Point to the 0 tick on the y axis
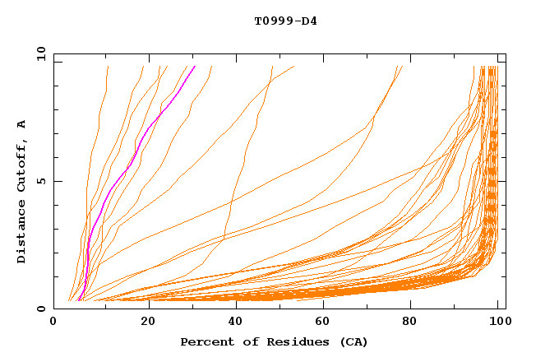click(42, 309)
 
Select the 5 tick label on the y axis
click(42, 181)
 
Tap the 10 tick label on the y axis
click(39, 53)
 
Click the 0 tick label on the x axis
click(53, 322)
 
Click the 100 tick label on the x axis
click(497, 322)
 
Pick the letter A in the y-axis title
click(22, 124)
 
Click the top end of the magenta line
click(195, 66)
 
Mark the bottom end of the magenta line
click(78, 300)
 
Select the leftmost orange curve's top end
click(108, 66)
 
